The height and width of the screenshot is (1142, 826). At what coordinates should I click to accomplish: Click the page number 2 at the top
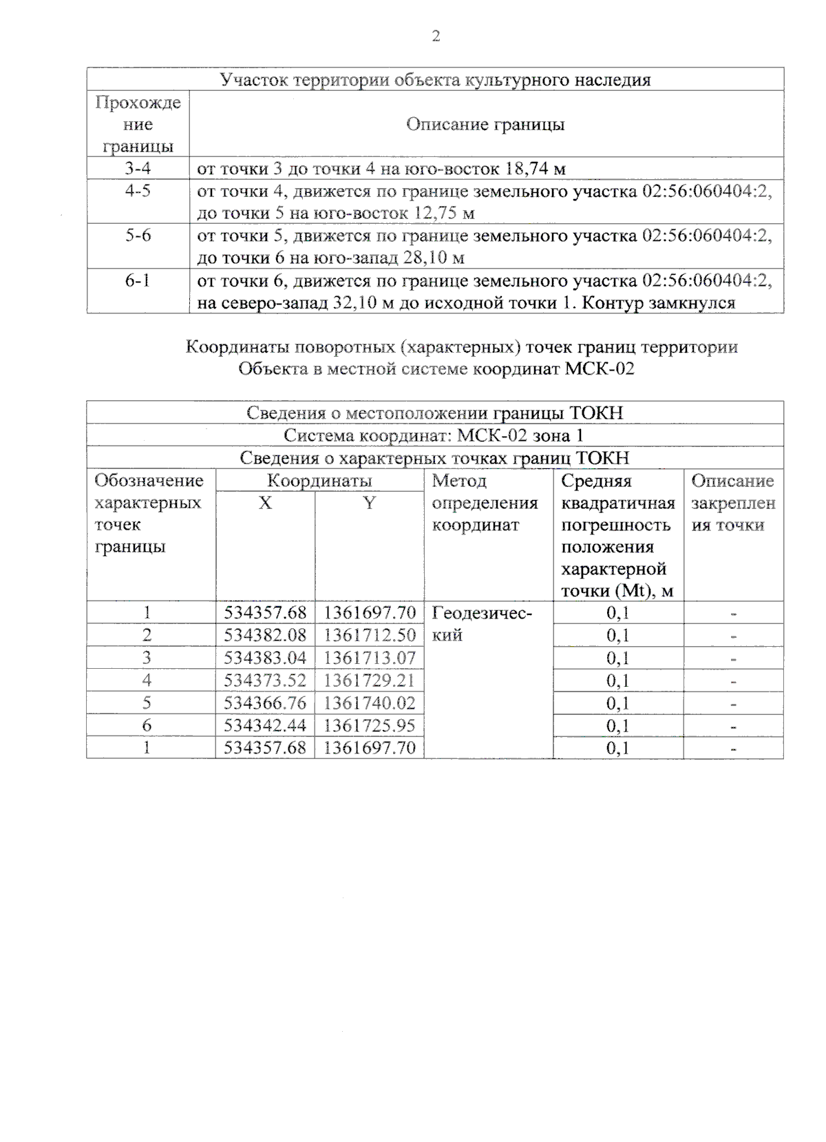pos(436,37)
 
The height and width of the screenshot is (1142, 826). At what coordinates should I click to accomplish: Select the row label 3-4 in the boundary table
pos(138,168)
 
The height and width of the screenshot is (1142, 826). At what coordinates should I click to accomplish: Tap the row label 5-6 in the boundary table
pos(138,236)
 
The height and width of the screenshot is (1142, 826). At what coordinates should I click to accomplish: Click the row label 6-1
pos(138,280)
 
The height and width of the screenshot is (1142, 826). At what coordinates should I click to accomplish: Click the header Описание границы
pos(485,125)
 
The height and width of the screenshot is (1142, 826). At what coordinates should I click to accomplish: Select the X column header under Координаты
pos(265,503)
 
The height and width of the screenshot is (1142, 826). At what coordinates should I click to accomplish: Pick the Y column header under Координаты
pos(370,503)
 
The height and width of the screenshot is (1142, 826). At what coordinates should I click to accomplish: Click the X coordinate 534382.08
pos(265,635)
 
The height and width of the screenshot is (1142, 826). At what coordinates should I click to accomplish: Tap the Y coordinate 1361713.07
pos(370,658)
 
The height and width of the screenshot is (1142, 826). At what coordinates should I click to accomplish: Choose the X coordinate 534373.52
pos(265,681)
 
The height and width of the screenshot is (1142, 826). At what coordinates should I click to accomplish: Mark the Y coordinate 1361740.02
pos(370,703)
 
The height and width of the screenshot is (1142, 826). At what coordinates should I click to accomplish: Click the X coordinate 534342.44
pos(265,725)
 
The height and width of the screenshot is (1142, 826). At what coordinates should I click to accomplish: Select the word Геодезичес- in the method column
pos(482,612)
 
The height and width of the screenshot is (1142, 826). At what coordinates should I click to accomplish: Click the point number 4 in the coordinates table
pos(147,681)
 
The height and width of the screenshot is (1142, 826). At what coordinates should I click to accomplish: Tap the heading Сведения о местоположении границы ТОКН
pos(434,413)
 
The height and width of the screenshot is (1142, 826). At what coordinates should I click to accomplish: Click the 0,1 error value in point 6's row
pos(617,726)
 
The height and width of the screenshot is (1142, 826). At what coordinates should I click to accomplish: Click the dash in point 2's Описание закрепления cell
pos(734,636)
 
